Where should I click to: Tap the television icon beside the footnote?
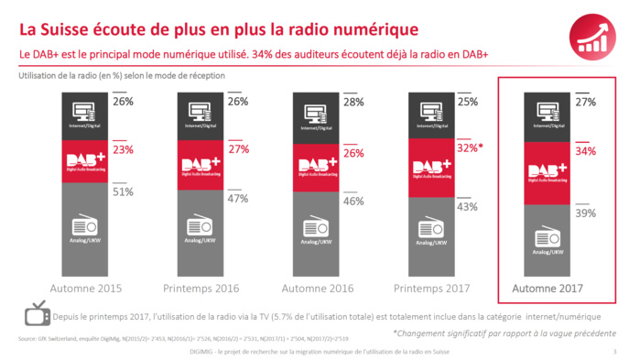[x=37, y=313]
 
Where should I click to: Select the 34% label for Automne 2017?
[x=586, y=150]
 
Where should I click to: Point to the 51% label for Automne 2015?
[x=124, y=191]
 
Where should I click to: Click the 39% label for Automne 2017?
[x=586, y=213]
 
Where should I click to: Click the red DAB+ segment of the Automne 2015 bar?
[x=85, y=162]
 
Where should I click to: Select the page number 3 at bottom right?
[x=614, y=352]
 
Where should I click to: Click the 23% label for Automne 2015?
[x=124, y=149]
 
